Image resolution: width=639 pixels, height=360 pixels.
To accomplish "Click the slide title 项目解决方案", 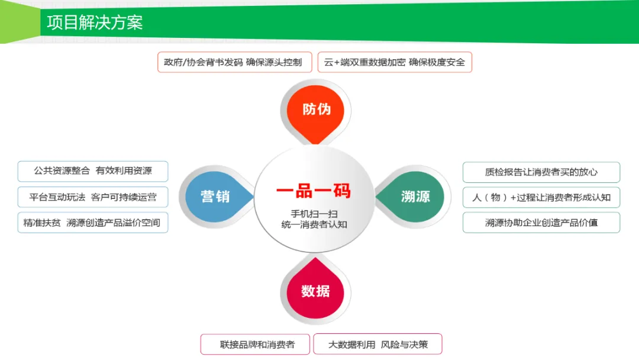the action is pyautogui.click(x=95, y=22).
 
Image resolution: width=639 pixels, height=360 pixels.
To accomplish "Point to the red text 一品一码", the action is pyautogui.click(x=313, y=191).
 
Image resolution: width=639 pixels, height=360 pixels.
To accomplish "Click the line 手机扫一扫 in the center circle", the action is pyautogui.click(x=314, y=212).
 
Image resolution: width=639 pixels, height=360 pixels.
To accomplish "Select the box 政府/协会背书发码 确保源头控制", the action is pyautogui.click(x=234, y=62).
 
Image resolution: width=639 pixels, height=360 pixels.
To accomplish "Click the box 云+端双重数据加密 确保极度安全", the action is pyautogui.click(x=395, y=62).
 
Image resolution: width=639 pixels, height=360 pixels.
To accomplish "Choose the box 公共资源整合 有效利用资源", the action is pyautogui.click(x=93, y=171).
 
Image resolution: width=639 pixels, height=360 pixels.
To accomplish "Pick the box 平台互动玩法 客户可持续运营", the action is pyautogui.click(x=93, y=197).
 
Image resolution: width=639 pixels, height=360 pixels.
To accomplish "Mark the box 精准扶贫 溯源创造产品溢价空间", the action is pyautogui.click(x=93, y=223).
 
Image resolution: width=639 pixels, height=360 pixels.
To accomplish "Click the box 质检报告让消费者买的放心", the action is pyautogui.click(x=541, y=172).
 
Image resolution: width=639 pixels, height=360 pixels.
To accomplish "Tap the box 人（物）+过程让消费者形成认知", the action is pyautogui.click(x=541, y=197).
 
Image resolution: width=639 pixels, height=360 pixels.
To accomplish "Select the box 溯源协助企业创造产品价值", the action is pyautogui.click(x=541, y=223).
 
